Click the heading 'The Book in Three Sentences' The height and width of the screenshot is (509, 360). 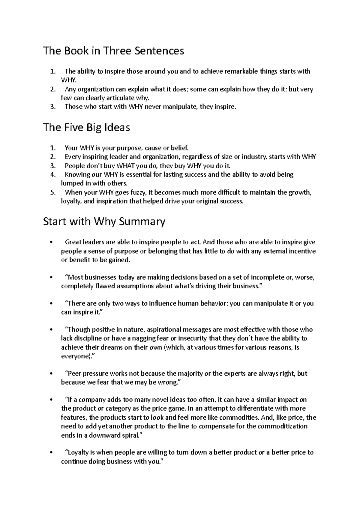(x=113, y=51)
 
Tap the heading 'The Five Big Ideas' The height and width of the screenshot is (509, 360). (x=86, y=127)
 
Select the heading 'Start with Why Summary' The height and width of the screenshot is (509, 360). (x=104, y=222)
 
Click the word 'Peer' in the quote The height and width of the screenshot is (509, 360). (x=74, y=374)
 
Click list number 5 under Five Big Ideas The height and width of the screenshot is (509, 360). (x=53, y=192)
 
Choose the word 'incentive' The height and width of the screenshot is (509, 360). (x=302, y=251)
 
